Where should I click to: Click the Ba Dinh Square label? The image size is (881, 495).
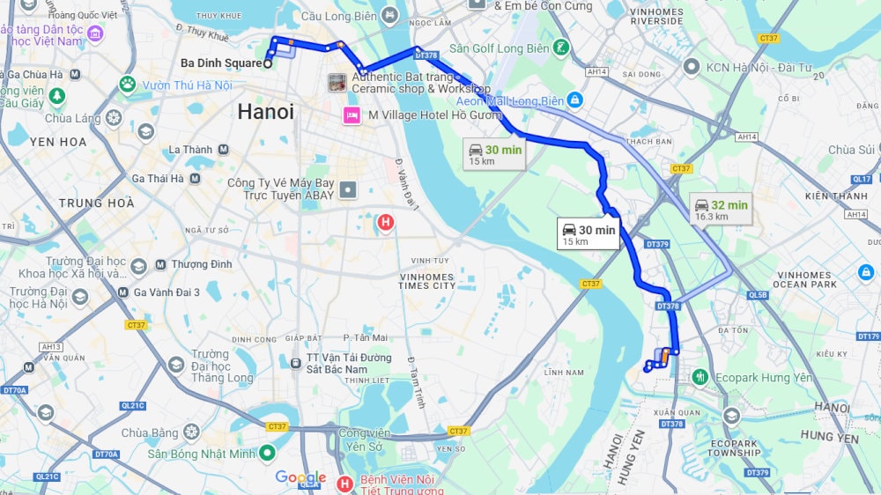[220, 63]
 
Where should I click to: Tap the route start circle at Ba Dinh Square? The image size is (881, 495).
[268, 63]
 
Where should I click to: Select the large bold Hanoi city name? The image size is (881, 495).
[265, 112]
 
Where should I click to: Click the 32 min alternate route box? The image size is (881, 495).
[721, 209]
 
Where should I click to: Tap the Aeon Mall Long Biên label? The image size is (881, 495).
[509, 101]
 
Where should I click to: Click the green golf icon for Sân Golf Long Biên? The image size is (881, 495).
[561, 48]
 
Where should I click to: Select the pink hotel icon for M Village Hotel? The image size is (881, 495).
[352, 115]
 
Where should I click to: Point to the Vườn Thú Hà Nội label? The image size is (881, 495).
[187, 85]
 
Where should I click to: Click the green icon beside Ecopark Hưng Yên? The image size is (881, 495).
[700, 376]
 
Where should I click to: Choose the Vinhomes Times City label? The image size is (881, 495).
[426, 280]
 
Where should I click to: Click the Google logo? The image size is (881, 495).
[300, 477]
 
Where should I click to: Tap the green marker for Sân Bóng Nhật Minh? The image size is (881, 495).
[267, 454]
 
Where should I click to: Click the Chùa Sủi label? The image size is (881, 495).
[851, 150]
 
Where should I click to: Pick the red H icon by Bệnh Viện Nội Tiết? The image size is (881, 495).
[344, 482]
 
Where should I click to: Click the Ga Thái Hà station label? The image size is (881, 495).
[158, 178]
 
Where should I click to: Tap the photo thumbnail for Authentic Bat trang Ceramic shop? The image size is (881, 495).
[337, 83]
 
